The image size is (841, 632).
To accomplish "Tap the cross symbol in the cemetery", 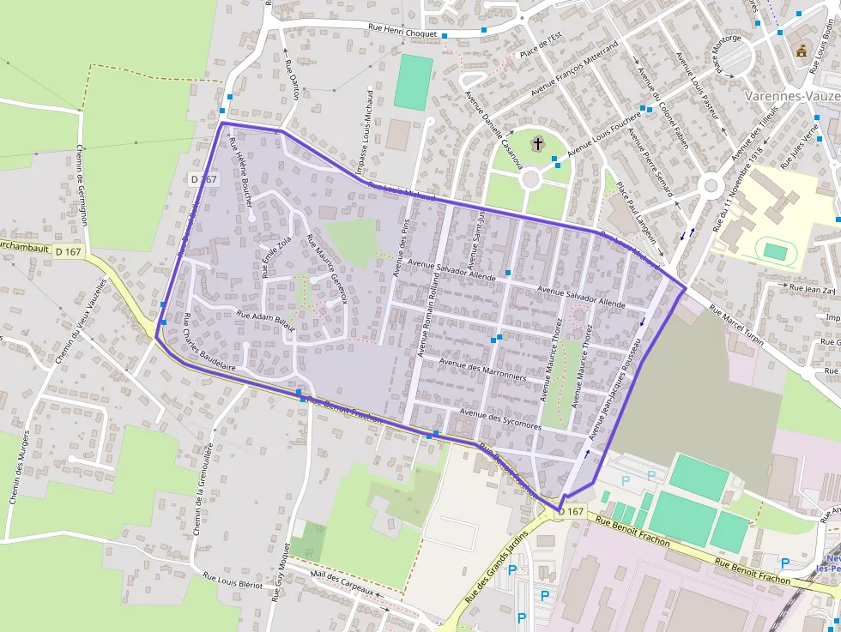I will point(538,144).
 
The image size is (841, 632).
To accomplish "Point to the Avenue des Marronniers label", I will point(481,369).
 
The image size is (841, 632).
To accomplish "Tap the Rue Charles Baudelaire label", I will point(209,342).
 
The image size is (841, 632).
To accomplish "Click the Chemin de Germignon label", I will point(82,184).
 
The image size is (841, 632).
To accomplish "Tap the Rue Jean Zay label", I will point(812,290).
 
